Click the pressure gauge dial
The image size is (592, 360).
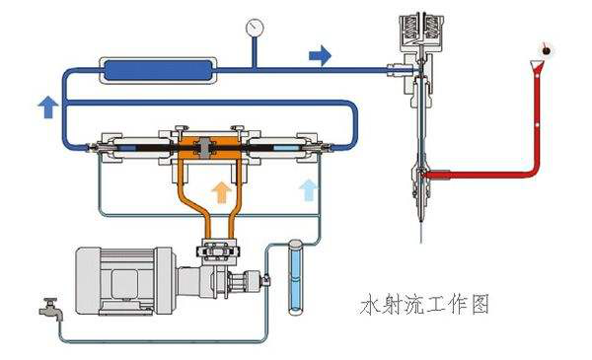(255, 28)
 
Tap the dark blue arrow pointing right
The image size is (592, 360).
(320, 55)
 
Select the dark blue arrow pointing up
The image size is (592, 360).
(48, 107)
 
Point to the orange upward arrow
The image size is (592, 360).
(221, 191)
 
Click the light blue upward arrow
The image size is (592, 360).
(308, 189)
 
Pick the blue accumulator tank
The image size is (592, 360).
(158, 70)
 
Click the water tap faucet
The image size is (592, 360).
(50, 309)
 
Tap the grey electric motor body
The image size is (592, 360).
(124, 280)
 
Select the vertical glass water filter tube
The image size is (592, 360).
(295, 277)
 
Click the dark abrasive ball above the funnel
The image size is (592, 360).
(546, 50)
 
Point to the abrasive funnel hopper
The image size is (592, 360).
(537, 66)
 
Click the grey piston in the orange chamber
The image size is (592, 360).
(204, 148)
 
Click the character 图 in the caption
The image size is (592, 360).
(480, 304)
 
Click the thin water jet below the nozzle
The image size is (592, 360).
(421, 232)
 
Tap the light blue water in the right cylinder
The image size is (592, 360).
(284, 148)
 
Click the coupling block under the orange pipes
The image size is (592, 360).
(218, 251)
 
